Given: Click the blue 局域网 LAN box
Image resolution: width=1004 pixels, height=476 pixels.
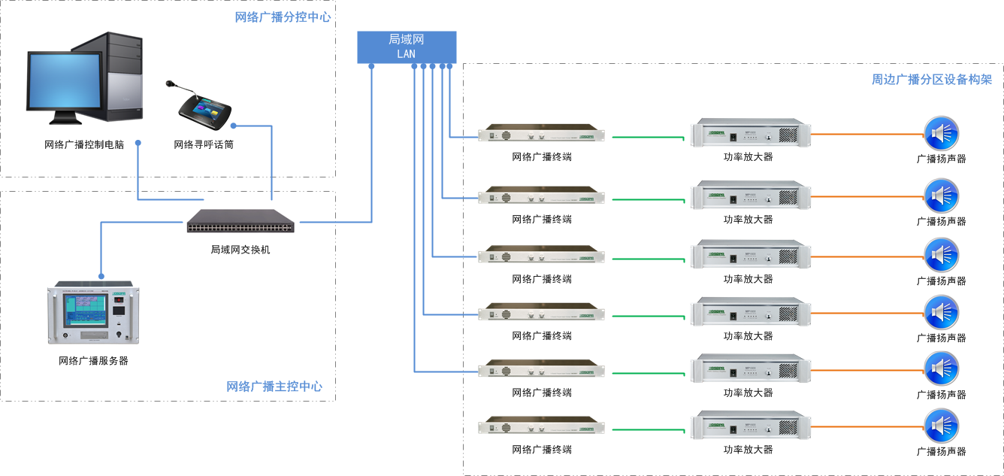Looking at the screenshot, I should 406,47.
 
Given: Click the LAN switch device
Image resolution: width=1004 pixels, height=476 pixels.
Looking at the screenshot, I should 241,221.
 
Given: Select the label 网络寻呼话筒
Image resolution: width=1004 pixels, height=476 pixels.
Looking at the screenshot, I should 204,144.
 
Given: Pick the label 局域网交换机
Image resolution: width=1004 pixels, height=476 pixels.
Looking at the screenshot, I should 240,250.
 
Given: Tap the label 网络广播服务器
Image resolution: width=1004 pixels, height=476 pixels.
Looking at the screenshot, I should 94,361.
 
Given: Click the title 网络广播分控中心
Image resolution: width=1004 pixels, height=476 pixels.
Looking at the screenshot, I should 283,17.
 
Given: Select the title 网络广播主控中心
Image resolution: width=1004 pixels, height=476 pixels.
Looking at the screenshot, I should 274,387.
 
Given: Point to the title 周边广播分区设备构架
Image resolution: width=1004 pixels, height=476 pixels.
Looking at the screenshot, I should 932,79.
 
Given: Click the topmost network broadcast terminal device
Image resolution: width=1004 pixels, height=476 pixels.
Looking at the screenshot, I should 542,135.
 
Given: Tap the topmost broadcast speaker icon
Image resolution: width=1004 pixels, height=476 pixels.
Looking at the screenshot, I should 941,134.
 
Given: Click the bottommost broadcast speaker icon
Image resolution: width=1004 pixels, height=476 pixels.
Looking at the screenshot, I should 941,426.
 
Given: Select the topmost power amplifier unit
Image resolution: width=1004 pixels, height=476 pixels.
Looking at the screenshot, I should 751,133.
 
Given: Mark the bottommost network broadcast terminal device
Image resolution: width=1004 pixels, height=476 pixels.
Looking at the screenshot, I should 542,426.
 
